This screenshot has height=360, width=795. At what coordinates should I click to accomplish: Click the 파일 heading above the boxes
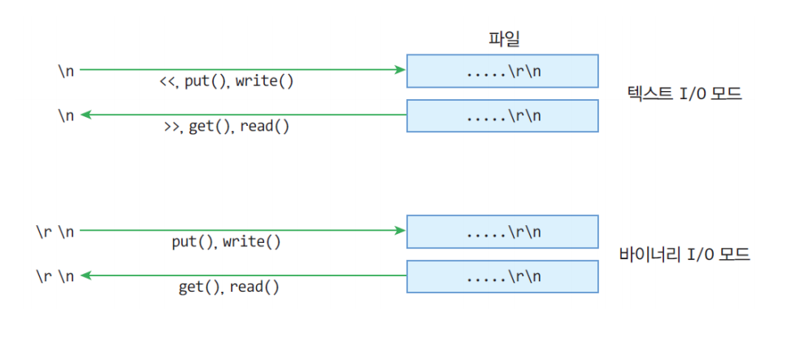[502, 39]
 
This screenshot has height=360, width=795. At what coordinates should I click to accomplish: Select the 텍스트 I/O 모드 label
[684, 93]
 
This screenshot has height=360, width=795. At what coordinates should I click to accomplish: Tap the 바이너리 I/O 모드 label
[684, 254]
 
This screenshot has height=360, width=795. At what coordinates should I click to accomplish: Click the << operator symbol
[167, 81]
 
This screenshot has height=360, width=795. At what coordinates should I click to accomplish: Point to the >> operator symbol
[172, 127]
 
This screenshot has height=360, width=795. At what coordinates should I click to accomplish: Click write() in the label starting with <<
[264, 81]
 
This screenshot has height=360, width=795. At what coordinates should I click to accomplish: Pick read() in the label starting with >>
[265, 127]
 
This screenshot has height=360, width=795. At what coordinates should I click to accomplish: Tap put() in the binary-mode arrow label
[193, 242]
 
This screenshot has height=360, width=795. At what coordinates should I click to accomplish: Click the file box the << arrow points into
[502, 71]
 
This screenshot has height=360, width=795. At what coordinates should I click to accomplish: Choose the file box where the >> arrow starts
[502, 115]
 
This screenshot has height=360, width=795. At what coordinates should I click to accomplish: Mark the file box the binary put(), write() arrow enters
[502, 232]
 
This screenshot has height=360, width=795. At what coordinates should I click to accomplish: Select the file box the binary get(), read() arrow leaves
[502, 276]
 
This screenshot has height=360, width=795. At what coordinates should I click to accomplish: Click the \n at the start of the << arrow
[65, 71]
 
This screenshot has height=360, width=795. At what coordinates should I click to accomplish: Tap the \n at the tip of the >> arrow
[65, 115]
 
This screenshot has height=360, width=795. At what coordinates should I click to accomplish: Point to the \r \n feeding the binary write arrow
[54, 232]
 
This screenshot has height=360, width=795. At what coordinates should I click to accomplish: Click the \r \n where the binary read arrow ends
[54, 276]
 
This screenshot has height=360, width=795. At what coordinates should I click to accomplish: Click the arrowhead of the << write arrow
[401, 69]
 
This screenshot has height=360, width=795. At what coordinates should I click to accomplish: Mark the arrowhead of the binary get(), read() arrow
[85, 275]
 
